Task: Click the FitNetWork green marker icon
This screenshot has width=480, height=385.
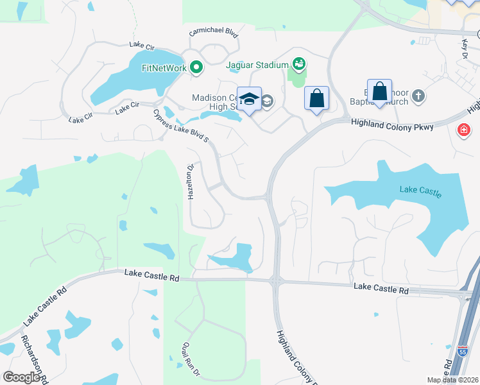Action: pos(196,67)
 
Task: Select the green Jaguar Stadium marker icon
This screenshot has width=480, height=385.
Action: pos(298,64)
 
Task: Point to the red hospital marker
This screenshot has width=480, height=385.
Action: pos(463,131)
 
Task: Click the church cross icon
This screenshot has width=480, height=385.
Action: pos(418,96)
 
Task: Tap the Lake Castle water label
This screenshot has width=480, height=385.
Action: pos(420,191)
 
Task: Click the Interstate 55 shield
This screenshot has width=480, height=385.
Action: pos(463,351)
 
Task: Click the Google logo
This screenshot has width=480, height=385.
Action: pos(22,377)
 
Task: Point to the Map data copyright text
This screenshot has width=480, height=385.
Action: pos(452,380)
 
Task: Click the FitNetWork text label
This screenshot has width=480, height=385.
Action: pos(164,67)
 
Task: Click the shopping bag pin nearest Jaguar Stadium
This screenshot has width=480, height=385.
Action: pos(316,99)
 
